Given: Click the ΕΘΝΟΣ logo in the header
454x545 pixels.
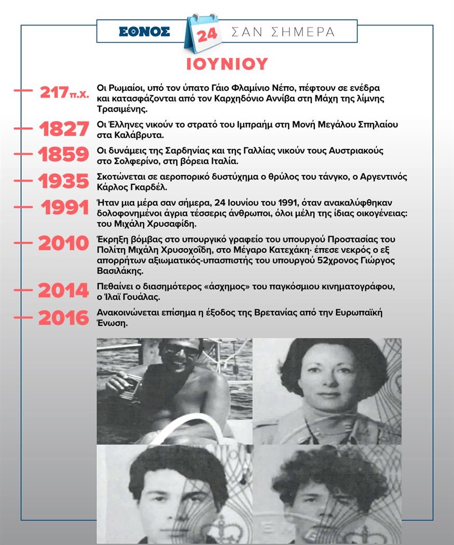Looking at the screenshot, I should click(144, 31).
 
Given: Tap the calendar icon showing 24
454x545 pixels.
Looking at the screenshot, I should click(202, 33).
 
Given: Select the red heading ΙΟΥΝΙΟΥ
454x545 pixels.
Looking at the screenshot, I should click(227, 63).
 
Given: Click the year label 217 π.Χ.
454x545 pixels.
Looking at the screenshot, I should click(64, 93).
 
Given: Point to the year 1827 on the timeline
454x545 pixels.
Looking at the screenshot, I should click(64, 130).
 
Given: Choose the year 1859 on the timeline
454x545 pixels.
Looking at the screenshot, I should click(64, 155).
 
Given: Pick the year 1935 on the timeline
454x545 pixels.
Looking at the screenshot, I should click(64, 181).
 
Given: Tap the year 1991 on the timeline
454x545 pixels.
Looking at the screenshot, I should click(65, 208).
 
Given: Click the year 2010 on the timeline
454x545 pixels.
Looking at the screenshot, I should click(64, 243).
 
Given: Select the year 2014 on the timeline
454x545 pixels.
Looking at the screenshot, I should click(64, 292).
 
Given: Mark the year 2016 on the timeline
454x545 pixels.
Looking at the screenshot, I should click(64, 318).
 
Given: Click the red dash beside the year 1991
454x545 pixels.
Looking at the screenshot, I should click(23, 207).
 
